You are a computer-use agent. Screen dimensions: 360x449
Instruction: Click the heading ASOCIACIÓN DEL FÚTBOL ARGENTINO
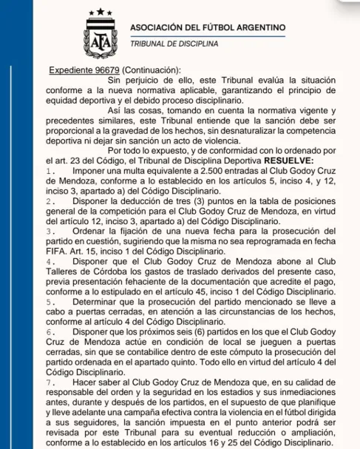(207, 27)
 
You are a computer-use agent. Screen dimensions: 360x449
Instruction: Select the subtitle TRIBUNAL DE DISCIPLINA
(174, 43)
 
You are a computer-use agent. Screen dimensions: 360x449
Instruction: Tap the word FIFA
(58, 251)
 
